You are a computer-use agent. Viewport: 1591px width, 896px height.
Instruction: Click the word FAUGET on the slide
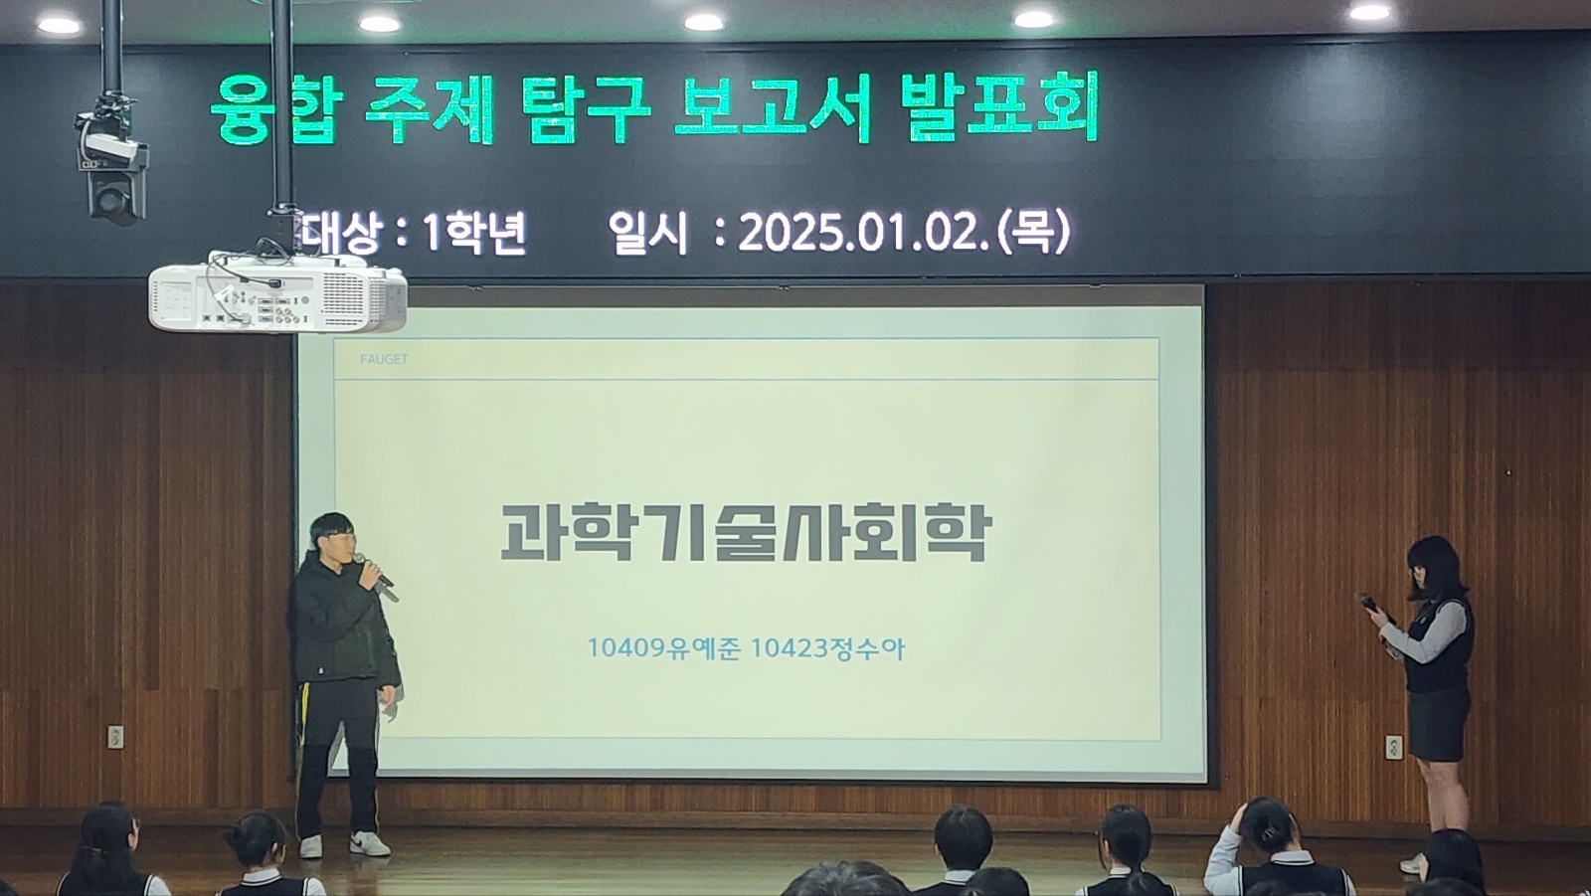pyautogui.click(x=384, y=360)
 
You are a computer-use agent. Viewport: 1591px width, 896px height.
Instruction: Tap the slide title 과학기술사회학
pyautogui.click(x=746, y=533)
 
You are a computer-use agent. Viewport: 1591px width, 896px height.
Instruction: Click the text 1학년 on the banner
pyautogui.click(x=473, y=233)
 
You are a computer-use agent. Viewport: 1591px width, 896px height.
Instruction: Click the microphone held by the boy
pyautogui.click(x=377, y=577)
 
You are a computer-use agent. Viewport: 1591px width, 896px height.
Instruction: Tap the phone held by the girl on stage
pyautogui.click(x=1368, y=604)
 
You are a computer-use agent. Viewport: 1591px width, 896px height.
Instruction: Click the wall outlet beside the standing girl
pyautogui.click(x=1394, y=747)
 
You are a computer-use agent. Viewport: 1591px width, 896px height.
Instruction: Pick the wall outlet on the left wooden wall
pyautogui.click(x=115, y=737)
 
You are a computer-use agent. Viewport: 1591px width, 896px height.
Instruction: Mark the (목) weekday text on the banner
pyautogui.click(x=1033, y=231)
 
